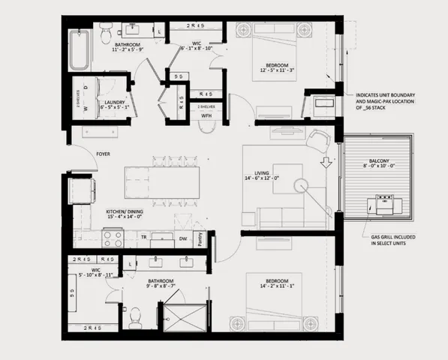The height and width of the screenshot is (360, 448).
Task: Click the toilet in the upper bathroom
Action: [x=107, y=33]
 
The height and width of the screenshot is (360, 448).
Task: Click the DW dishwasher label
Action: [x=182, y=240]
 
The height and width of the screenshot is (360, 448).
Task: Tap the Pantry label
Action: [x=200, y=239]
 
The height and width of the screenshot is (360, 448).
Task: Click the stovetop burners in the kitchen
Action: [x=113, y=238]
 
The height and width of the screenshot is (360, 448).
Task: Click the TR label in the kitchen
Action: [x=143, y=239]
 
